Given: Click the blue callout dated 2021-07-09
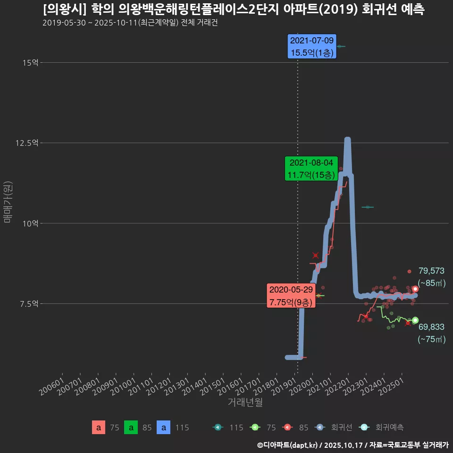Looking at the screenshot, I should tap(312, 46).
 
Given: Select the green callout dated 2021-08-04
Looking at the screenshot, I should tap(311, 169).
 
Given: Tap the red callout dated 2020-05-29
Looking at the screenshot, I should tap(291, 296).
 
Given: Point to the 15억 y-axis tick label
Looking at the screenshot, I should tap(31, 62).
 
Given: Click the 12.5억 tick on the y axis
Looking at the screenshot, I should tap(28, 143).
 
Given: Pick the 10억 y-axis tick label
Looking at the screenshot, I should tap(31, 223).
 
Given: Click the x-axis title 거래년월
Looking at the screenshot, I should tap(245, 402).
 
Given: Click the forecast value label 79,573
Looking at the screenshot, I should tap(431, 271).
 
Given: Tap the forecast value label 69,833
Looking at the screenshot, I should tap(431, 327).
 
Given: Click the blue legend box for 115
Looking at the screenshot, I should tap(163, 428).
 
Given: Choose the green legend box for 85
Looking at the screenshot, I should tap(131, 428).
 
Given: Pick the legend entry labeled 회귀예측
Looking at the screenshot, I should tap(382, 428).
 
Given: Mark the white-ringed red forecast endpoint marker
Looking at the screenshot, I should tap(415, 289).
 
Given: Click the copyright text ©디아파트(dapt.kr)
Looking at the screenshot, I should tap(288, 445).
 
